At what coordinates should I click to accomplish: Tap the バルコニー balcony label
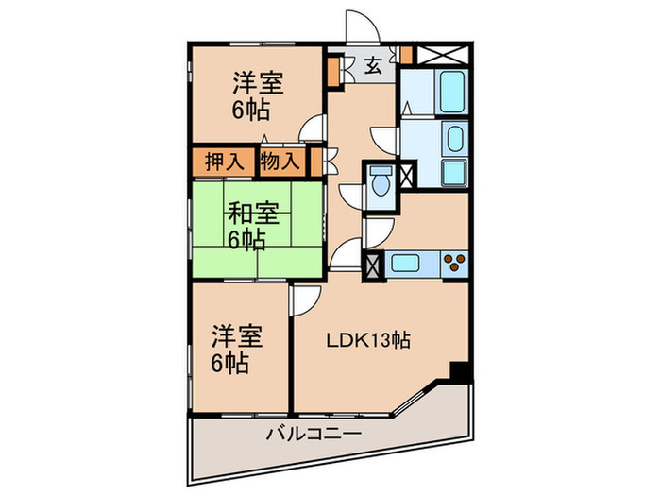pyautogui.click(x=314, y=434)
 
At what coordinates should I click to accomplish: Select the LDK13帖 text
pyautogui.click(x=369, y=340)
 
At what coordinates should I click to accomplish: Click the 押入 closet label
pyautogui.click(x=224, y=162)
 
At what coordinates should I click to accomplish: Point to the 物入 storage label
pyautogui.click(x=280, y=162)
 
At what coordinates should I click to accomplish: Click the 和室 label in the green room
pyautogui.click(x=253, y=214)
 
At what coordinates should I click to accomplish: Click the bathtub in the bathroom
pyautogui.click(x=452, y=92)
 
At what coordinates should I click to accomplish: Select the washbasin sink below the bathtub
pyautogui.click(x=455, y=139)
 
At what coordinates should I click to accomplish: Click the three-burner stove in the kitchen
pyautogui.click(x=455, y=262)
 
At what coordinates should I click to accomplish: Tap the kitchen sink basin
pyautogui.click(x=405, y=264)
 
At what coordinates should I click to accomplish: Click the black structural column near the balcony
pyautogui.click(x=459, y=372)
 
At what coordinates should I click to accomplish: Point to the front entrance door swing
pyautogui.click(x=362, y=26)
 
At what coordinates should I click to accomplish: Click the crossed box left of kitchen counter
pyautogui.click(x=374, y=265)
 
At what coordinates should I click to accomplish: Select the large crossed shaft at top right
pyautogui.click(x=443, y=55)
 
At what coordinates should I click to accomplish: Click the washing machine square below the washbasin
pyautogui.click(x=454, y=172)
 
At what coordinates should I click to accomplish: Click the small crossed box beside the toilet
pyautogui.click(x=407, y=177)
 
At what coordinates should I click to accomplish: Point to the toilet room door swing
pyautogui.click(x=351, y=197)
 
